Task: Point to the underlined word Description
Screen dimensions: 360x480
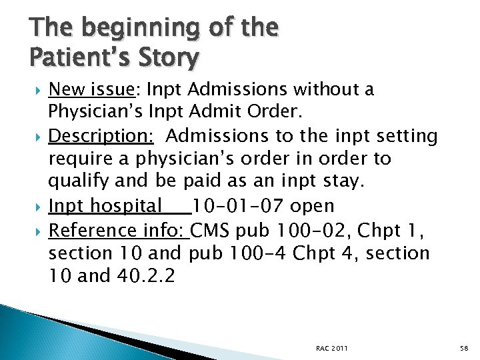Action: click(x=101, y=136)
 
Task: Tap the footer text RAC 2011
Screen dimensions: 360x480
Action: click(x=332, y=348)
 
